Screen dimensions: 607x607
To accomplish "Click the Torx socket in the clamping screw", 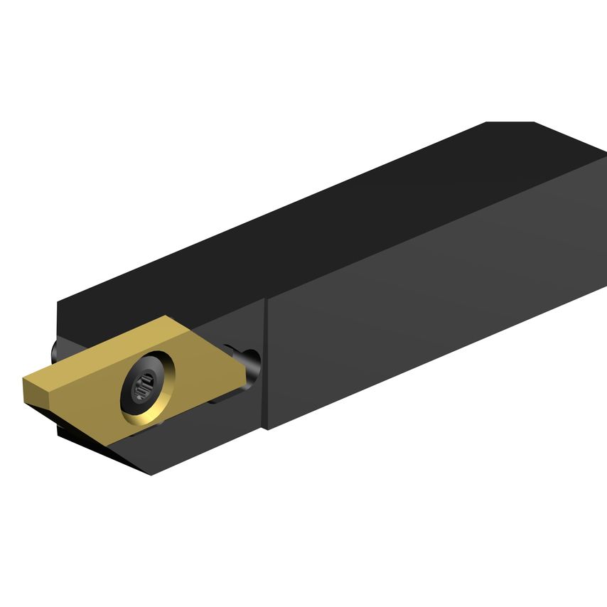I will coord(144,387).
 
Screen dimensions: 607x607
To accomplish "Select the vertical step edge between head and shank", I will coord(266,362).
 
